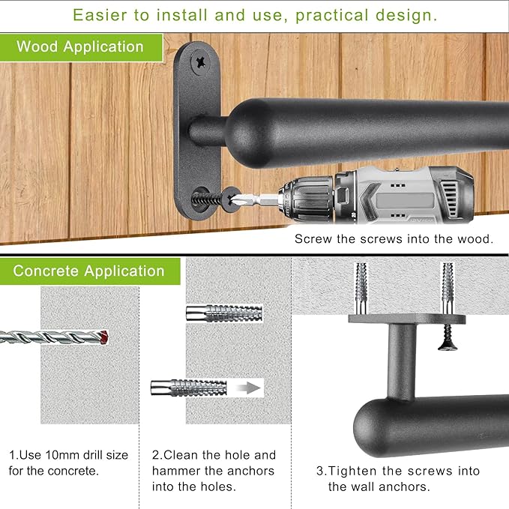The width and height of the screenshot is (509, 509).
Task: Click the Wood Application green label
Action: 81,47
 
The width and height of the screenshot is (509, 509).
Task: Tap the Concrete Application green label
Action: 90,271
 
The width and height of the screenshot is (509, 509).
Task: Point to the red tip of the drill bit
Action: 104,337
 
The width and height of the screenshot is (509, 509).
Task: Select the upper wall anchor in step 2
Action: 224,313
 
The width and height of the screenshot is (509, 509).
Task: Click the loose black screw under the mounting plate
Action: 448,337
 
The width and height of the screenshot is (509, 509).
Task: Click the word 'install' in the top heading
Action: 181,15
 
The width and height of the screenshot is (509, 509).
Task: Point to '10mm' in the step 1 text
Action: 62,455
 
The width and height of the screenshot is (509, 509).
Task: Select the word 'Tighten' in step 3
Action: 354,471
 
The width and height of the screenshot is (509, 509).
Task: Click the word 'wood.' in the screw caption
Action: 475,239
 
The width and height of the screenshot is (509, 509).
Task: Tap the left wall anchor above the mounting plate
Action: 361,289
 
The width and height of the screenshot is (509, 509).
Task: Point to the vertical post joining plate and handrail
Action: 402,362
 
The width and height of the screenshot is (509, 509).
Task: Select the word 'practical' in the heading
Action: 332,16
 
